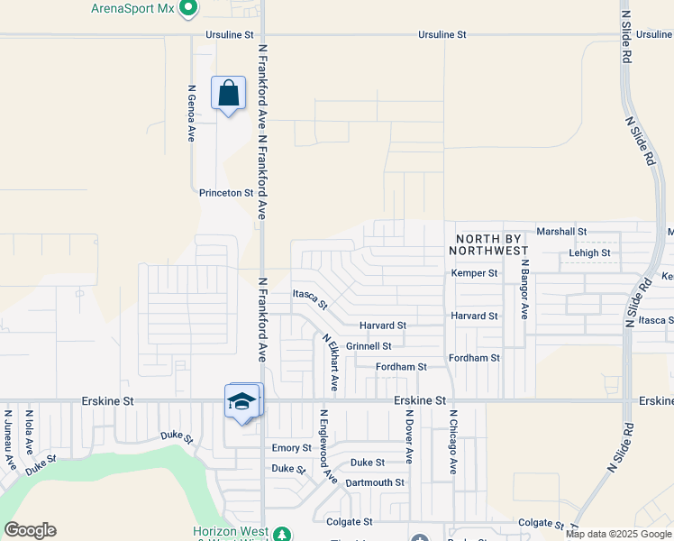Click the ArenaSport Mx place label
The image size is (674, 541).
131,8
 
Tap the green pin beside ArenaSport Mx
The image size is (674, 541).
187,9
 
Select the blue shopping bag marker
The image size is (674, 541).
228,93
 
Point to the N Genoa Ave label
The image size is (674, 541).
191,114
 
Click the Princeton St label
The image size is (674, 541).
226,193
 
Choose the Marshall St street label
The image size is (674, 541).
560,232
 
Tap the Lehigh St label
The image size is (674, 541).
589,253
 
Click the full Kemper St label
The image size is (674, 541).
474,273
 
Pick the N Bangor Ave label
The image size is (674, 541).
524,289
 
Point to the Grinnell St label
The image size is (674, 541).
369,346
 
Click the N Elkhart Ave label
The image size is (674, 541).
331,362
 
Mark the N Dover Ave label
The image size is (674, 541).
408,436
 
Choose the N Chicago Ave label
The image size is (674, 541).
453,442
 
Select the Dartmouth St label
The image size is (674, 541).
375,483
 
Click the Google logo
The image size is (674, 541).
31,530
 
